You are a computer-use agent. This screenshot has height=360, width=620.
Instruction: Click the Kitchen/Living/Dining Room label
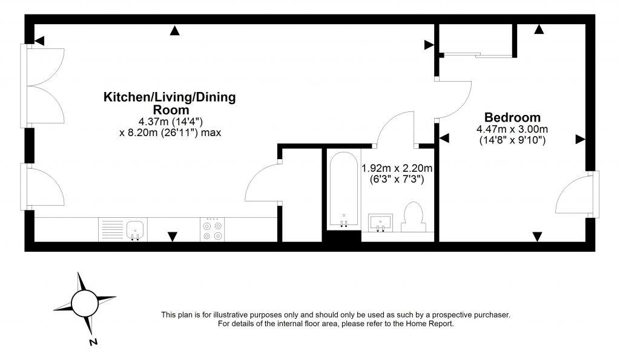170,103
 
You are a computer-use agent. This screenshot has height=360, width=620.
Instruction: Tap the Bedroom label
512,117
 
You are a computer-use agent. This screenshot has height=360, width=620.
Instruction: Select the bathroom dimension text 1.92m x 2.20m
397,168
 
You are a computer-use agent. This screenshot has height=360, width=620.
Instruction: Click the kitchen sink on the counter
136,229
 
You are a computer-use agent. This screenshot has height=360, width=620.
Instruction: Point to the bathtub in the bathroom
343,189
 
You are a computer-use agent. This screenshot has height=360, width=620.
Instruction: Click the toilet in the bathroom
413,217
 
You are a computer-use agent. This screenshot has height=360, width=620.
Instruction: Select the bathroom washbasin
381,222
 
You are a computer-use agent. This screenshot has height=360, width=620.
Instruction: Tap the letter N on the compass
93,342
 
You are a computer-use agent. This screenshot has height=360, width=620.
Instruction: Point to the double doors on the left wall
45,85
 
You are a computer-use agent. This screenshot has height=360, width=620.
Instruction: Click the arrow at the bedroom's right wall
580,139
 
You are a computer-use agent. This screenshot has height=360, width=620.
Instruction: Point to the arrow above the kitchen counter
173,237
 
